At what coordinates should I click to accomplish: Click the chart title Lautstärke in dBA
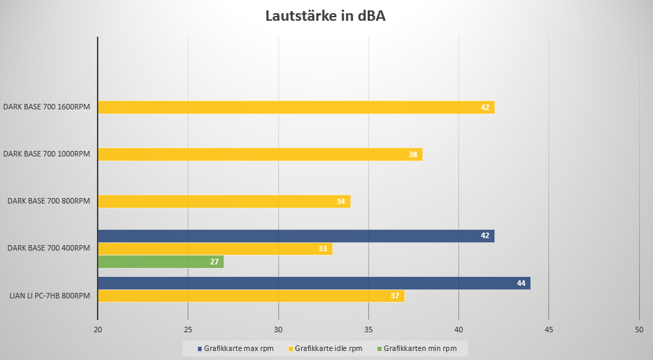pyautogui.click(x=325, y=17)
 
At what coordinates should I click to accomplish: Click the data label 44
pyautogui.click(x=521, y=282)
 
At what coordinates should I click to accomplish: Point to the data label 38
pyautogui.click(x=413, y=154)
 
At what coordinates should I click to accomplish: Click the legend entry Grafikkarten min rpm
pyautogui.click(x=420, y=348)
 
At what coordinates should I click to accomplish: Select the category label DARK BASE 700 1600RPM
pyautogui.click(x=46, y=107)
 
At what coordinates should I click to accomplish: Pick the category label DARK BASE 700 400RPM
pyautogui.click(x=48, y=248)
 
